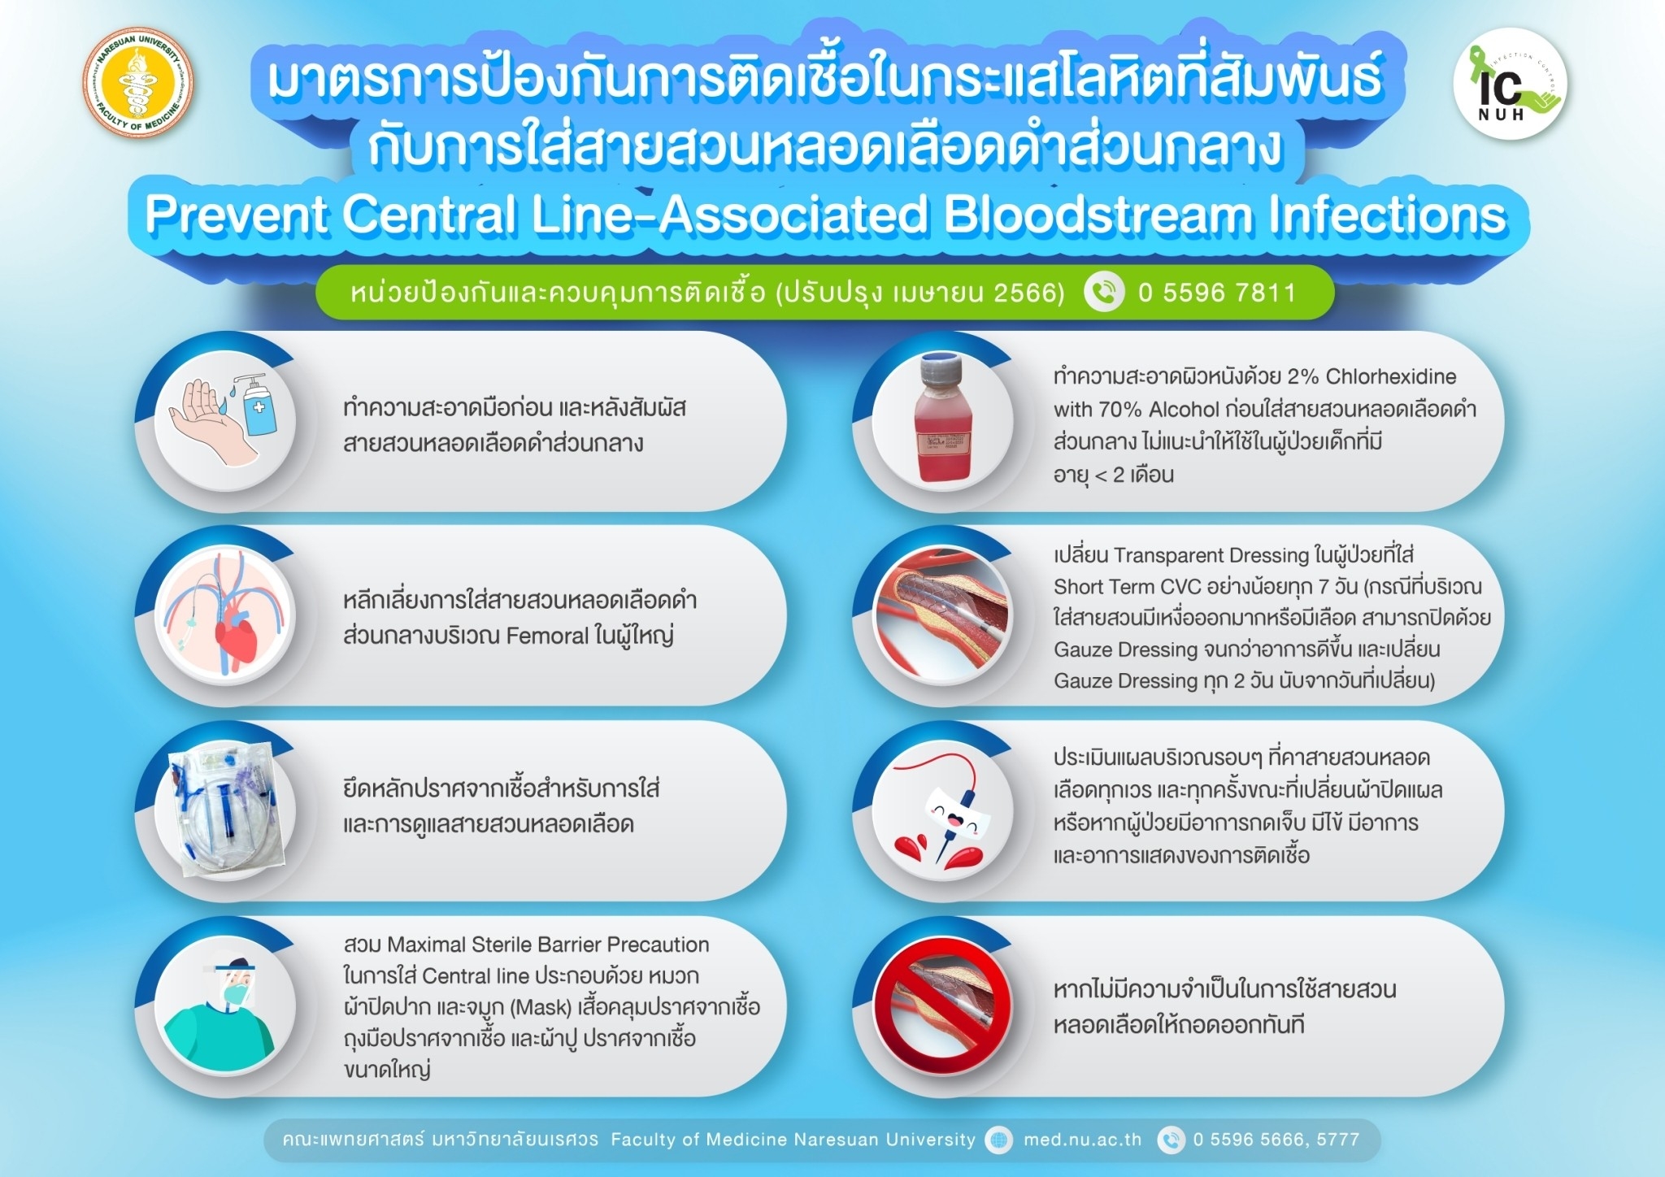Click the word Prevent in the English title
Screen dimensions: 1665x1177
click(x=236, y=215)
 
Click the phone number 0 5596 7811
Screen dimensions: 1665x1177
click(x=1217, y=293)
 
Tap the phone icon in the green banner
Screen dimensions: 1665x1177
click(x=1104, y=293)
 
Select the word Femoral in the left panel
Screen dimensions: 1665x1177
click(x=547, y=636)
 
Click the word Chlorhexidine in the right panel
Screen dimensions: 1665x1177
click(x=1391, y=376)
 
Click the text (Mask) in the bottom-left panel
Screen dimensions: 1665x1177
click(x=541, y=1007)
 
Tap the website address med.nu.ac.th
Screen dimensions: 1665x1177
click(x=1082, y=1140)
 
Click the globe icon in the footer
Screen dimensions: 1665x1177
click(x=998, y=1140)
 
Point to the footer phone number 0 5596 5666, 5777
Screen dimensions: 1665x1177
click(x=1276, y=1140)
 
